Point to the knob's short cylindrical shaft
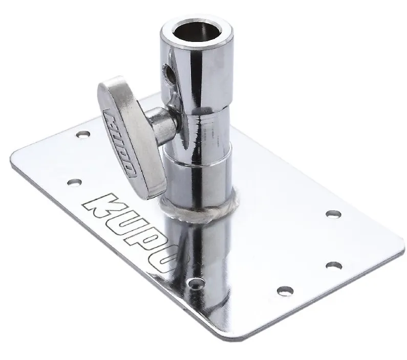[x=160, y=124]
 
